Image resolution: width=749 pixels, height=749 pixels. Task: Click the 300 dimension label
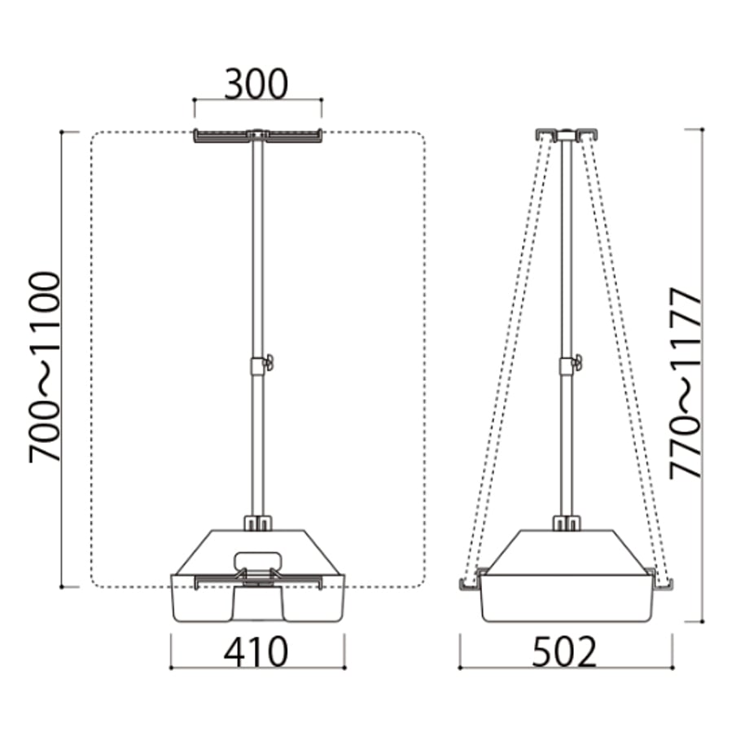256,84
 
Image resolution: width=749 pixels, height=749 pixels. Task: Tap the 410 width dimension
256,651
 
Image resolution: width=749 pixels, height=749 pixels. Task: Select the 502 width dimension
565,651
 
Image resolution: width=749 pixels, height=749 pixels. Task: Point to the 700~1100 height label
46,367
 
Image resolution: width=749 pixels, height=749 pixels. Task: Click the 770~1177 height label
685,383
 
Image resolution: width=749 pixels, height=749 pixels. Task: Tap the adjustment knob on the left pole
269,361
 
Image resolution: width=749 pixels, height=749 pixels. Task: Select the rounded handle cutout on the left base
257,560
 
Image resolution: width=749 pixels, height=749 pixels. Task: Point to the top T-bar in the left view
257,135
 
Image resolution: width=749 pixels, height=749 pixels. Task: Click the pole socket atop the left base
257,523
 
